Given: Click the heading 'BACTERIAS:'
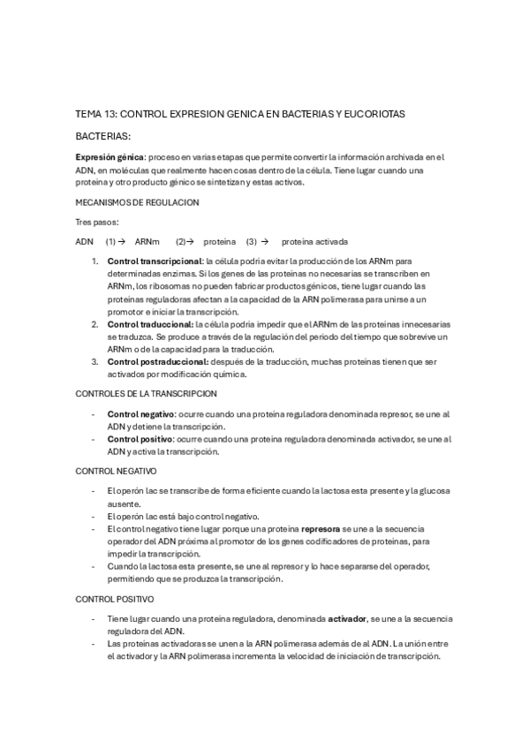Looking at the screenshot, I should pos(102,137).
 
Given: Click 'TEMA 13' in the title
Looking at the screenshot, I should pos(95,115).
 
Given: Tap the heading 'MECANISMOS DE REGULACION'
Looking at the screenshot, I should pos(137,202).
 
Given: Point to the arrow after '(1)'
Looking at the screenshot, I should pos(122,241).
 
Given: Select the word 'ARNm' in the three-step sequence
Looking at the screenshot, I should pos(147,241).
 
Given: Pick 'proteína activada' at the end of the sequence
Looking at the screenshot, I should pos(314,241).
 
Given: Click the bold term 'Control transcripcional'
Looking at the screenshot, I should pos(154,261).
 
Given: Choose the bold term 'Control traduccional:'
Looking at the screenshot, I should pos(150,324).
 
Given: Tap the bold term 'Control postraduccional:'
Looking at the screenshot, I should pos(158,361).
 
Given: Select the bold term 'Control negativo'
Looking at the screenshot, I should pos(140,413).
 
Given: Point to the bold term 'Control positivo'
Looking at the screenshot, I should pos(140,438).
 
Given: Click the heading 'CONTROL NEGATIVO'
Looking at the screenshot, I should pos(116,471).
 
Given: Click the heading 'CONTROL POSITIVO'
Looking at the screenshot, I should pos(114,599).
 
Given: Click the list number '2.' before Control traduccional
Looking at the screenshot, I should pos(94,324).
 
